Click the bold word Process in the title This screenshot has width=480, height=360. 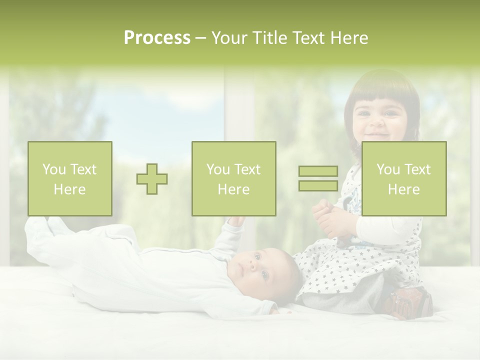tap(157, 38)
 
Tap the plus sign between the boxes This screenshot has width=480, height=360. tap(152, 179)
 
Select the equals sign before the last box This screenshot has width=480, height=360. tap(318, 178)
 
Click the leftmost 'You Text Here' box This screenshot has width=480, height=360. tap(70, 178)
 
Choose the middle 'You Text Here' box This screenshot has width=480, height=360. tap(234, 178)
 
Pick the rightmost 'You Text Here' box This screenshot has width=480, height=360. tap(404, 178)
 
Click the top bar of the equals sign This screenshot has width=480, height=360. tap(318, 171)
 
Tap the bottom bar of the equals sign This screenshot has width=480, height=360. tap(318, 185)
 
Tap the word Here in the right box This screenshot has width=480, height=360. tap(404, 189)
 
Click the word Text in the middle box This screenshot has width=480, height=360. tap(247, 169)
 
